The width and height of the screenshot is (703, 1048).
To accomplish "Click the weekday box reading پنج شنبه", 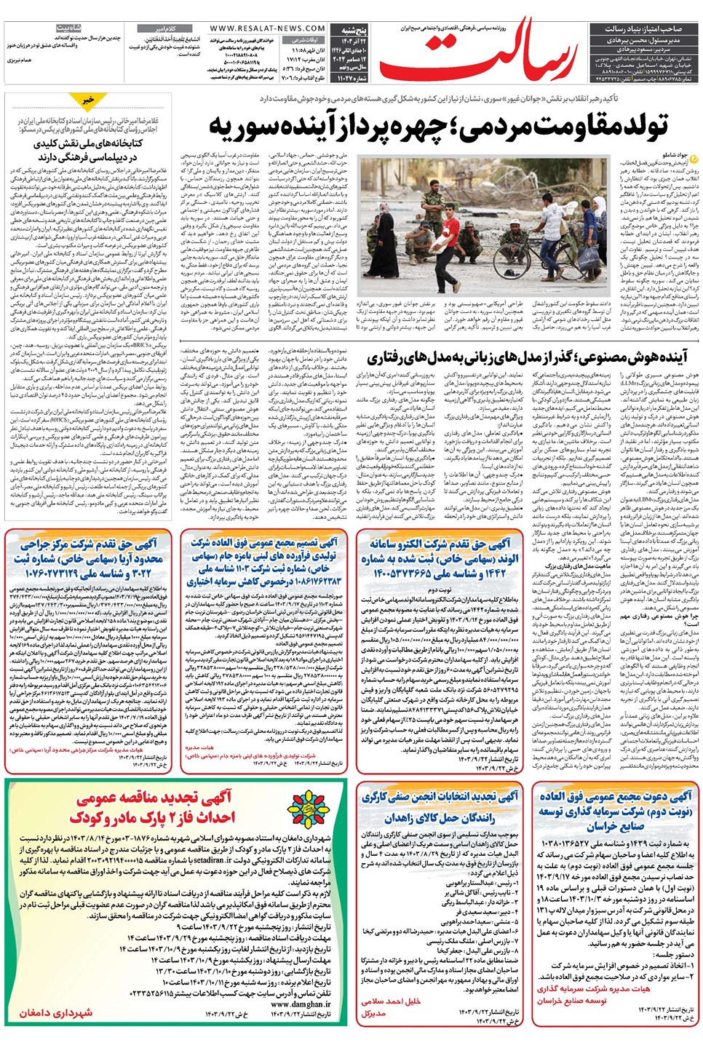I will [x=353, y=31].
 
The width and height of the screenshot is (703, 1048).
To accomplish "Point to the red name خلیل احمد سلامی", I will [x=391, y=1001].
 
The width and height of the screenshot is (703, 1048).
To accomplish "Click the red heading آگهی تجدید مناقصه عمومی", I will [x=154, y=798].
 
